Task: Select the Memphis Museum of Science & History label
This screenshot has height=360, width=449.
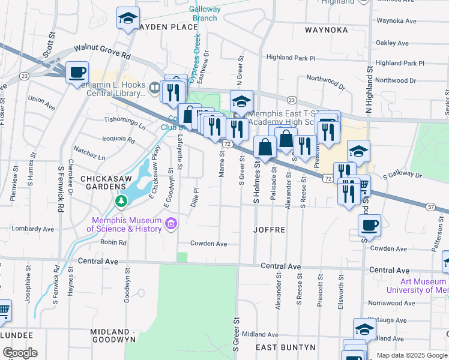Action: click(x=127, y=224)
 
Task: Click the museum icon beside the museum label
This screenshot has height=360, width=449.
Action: click(x=171, y=224)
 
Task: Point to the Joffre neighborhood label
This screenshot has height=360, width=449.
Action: click(x=268, y=230)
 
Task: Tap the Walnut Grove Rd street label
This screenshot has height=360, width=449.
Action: click(x=102, y=52)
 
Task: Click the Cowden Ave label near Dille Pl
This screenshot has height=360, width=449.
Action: click(x=208, y=244)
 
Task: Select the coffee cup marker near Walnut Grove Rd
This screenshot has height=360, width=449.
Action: click(x=77, y=73)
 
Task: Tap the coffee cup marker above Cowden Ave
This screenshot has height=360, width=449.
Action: click(x=369, y=226)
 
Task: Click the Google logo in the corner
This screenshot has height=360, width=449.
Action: click(x=20, y=353)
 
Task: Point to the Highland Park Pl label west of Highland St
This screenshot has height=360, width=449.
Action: click(x=291, y=58)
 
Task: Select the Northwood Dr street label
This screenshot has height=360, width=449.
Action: click(x=325, y=82)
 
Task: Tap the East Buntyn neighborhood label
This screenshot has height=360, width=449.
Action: click(x=286, y=347)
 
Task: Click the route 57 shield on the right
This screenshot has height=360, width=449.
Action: click(x=432, y=206)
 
